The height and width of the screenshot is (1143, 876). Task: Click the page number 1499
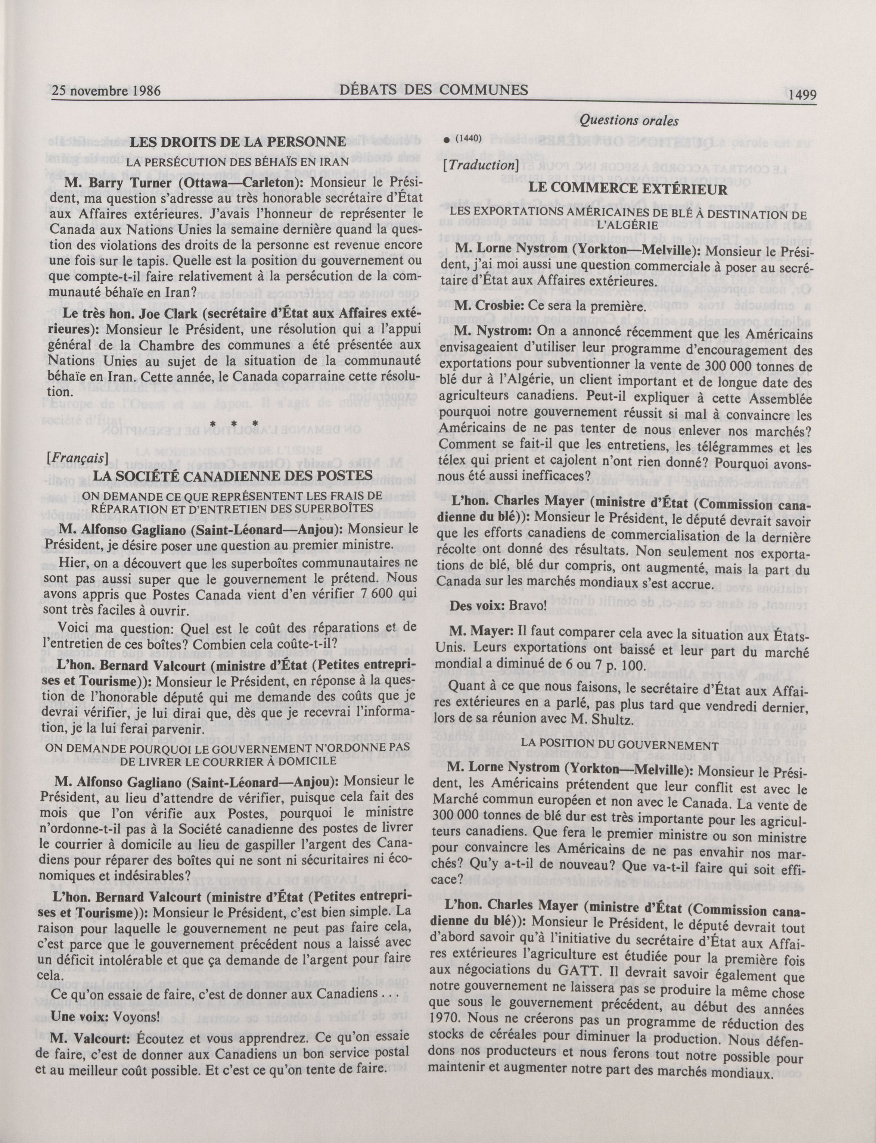click(802, 94)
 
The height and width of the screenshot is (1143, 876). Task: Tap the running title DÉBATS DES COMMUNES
click(433, 90)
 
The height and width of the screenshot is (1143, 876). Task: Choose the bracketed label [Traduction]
click(478, 165)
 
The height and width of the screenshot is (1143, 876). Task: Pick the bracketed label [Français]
click(77, 457)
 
